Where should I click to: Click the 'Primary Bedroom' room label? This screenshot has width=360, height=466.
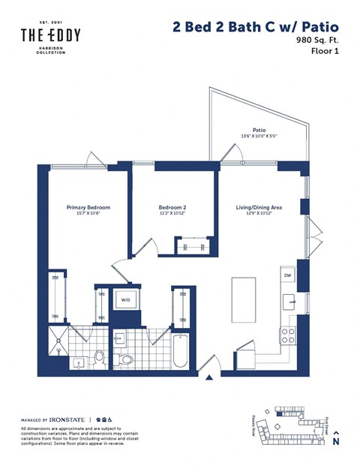click(88, 207)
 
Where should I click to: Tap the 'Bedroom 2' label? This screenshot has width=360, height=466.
click(172, 207)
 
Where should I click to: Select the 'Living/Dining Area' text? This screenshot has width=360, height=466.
click(259, 207)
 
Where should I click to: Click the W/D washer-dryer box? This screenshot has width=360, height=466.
click(124, 301)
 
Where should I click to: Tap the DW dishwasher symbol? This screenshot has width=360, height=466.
click(287, 276)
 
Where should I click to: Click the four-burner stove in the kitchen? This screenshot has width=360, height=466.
click(287, 335)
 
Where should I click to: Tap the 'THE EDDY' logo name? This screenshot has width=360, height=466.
click(50, 35)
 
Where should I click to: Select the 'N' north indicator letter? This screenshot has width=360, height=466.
click(336, 443)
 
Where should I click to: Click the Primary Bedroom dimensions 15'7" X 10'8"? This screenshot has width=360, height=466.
click(88, 214)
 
